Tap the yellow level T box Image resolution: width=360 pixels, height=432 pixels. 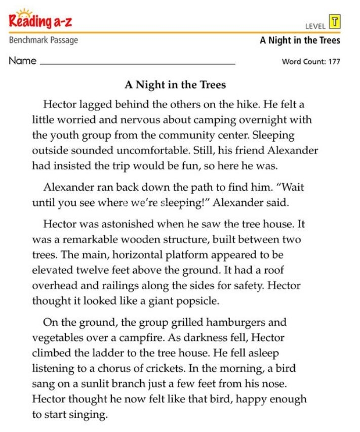click(335, 21)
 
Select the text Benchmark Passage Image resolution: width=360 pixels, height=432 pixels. click(44, 40)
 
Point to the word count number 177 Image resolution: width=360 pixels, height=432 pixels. click(333, 62)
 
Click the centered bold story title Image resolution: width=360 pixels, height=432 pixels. click(175, 85)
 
